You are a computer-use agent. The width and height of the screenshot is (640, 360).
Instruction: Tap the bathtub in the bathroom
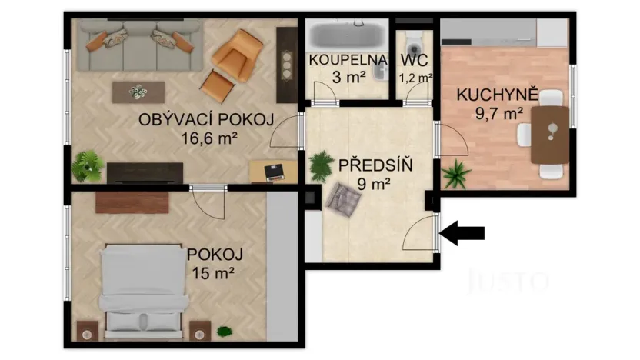tap(345, 35)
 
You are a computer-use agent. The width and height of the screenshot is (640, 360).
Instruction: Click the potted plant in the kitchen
tap(457, 174)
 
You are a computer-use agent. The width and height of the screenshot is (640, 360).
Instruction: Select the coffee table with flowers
tap(138, 92)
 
